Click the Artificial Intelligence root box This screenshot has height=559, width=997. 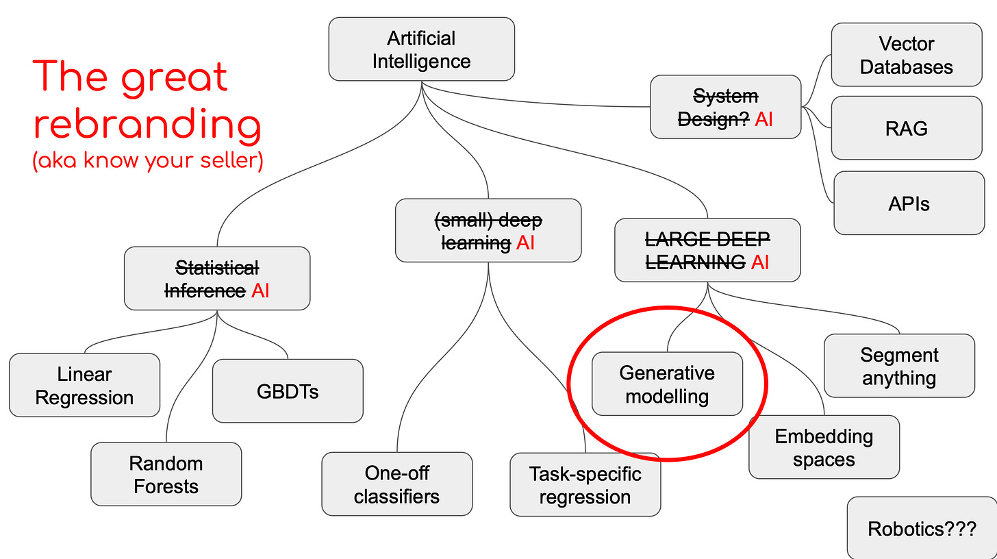[x=421, y=49]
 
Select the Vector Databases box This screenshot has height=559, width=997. [x=907, y=55]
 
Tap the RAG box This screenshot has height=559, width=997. [x=907, y=128]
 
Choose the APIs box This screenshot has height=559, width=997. [x=909, y=203]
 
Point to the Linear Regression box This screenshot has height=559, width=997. [x=84, y=386]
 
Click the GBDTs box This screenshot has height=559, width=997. [x=288, y=391]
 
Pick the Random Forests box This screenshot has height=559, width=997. [x=166, y=474]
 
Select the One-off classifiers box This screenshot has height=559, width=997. [x=396, y=484]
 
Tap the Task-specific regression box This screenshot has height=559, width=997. [x=585, y=484]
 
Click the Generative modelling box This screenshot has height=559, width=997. [x=667, y=384]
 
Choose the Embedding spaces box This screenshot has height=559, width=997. [x=824, y=447]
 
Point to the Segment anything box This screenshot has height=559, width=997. [x=899, y=366]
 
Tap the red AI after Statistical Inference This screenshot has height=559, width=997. [x=260, y=290]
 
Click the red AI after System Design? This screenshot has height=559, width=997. [x=763, y=119]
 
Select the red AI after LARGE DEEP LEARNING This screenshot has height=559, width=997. [x=760, y=262]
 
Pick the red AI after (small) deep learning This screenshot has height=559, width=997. [x=526, y=243]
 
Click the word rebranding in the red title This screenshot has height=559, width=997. [x=147, y=125]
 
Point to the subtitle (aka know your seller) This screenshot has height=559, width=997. [x=148, y=162]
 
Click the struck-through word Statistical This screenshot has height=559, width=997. [x=217, y=267]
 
